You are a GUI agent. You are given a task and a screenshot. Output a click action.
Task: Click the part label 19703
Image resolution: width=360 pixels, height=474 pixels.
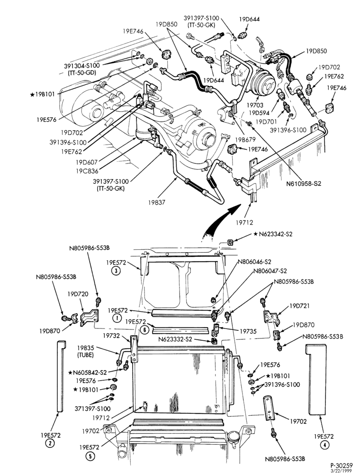pyautogui.click(x=255, y=105)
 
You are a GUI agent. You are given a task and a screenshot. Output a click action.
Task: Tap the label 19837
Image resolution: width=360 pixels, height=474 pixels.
pyautogui.click(x=156, y=202)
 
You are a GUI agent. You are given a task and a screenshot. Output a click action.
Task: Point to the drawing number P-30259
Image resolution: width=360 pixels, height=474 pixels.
pyautogui.click(x=341, y=465)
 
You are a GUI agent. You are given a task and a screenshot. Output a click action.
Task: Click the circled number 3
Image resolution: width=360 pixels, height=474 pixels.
pyautogui.click(x=116, y=271)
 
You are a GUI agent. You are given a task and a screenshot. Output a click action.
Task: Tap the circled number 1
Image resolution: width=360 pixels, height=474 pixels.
pyautogui.click(x=116, y=318)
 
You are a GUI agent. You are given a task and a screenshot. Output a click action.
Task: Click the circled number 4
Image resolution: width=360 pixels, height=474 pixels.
pyautogui.click(x=324, y=445)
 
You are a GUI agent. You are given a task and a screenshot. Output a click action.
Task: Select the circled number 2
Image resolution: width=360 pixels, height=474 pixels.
pyautogui.click(x=49, y=444)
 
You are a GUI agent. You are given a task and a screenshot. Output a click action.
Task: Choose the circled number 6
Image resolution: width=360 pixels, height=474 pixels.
pyautogui.click(x=145, y=329)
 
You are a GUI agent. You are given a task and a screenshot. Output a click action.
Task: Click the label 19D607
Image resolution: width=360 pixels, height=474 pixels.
pyautogui.click(x=87, y=162)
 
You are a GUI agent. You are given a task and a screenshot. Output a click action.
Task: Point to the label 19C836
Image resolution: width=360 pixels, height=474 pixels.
pyautogui.click(x=87, y=171)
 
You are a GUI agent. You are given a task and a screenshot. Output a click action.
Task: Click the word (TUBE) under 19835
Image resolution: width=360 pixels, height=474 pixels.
pyautogui.click(x=85, y=355)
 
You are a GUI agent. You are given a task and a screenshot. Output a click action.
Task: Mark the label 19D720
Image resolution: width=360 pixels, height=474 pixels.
pyautogui.click(x=78, y=294)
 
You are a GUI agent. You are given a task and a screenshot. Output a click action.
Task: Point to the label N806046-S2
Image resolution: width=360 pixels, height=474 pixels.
pyautogui.click(x=254, y=262)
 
